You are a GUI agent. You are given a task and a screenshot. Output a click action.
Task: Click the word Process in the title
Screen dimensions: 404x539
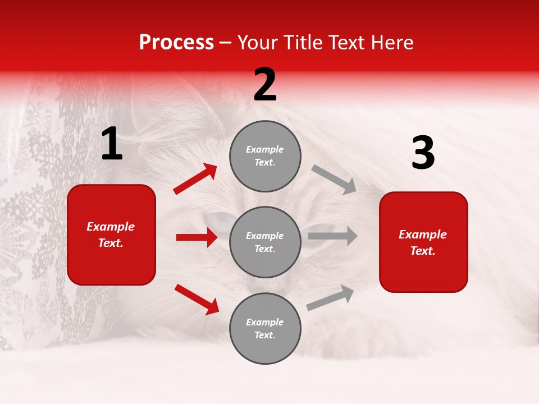coord(176,43)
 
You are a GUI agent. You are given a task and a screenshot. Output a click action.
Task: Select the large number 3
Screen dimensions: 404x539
coord(423,153)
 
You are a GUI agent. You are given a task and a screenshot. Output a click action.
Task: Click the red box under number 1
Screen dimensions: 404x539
coord(111,235)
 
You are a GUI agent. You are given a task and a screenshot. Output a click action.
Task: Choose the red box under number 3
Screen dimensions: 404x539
coord(423,242)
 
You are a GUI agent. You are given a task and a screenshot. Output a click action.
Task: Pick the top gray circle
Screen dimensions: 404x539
coord(265,156)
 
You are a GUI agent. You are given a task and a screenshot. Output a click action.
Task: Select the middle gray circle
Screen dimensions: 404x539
coord(265,242)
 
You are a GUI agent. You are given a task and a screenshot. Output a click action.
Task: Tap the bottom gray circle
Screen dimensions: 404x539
coord(265,328)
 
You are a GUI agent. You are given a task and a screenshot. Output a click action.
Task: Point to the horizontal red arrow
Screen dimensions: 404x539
coord(197,237)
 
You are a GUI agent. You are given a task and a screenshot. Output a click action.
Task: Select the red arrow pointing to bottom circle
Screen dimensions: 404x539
coord(197,299)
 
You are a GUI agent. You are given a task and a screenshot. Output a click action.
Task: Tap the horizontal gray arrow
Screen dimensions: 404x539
coord(332,236)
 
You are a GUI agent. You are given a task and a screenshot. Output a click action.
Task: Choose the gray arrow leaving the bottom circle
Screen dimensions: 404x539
coord(331,298)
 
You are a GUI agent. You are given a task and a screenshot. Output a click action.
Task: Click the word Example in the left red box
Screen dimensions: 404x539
coord(111,227)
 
